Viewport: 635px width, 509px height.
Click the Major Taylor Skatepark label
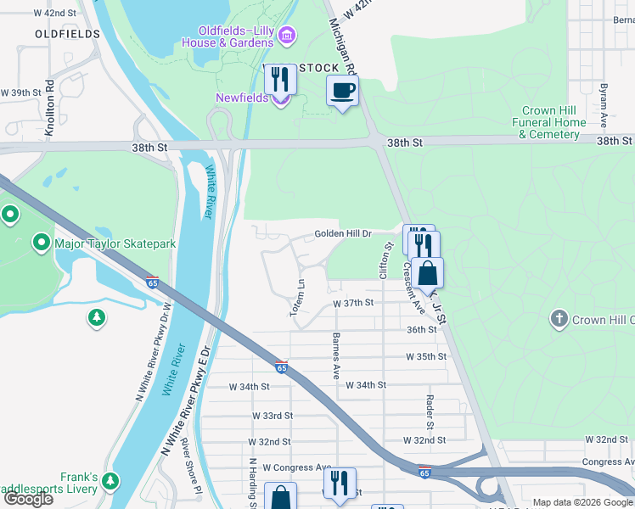pos(115,244)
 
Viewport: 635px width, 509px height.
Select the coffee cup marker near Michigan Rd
pos(343,91)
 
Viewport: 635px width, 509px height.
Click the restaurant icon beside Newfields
pos(280,81)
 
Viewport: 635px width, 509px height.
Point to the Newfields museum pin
pos(280,99)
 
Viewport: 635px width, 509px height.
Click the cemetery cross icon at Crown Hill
pos(559,320)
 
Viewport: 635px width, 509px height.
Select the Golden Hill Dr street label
pos(343,233)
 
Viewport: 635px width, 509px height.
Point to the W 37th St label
pos(353,303)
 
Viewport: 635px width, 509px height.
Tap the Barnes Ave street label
pos(336,355)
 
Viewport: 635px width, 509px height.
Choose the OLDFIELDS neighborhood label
pos(68,34)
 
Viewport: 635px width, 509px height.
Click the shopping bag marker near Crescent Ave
pos(429,273)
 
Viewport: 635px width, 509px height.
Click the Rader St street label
pos(430,410)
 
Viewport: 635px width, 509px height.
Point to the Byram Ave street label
pos(603,99)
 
